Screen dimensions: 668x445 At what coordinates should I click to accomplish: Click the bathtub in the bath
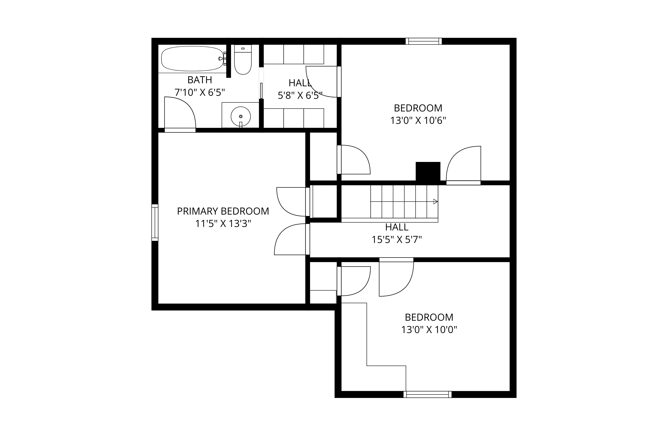coord(192,59)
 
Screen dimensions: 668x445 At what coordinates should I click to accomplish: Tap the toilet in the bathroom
coord(243,60)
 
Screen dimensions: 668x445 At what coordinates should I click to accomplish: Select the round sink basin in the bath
coord(240,116)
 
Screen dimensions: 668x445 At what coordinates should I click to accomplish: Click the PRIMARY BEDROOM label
coord(223,211)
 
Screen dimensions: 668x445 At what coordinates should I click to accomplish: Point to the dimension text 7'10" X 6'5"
coord(200,92)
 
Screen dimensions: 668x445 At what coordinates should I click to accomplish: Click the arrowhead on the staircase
coord(435,202)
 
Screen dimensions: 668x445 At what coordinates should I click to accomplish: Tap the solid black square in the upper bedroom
coord(428,171)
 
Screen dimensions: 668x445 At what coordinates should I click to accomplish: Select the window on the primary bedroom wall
coord(155,223)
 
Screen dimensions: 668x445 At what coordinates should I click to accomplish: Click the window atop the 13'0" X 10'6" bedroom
coord(424,41)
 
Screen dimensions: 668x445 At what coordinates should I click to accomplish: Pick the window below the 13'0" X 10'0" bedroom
coord(428,394)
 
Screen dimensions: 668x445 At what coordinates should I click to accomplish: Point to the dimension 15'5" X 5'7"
coord(397,240)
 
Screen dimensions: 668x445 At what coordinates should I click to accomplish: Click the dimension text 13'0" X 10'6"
coord(418,121)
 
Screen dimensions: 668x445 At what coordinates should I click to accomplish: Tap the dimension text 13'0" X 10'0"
coord(429,330)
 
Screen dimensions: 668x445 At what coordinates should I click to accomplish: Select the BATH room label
coord(200,80)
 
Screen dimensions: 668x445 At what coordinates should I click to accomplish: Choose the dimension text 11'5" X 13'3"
coord(223,224)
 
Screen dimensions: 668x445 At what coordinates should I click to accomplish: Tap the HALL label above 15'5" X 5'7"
coord(397,227)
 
